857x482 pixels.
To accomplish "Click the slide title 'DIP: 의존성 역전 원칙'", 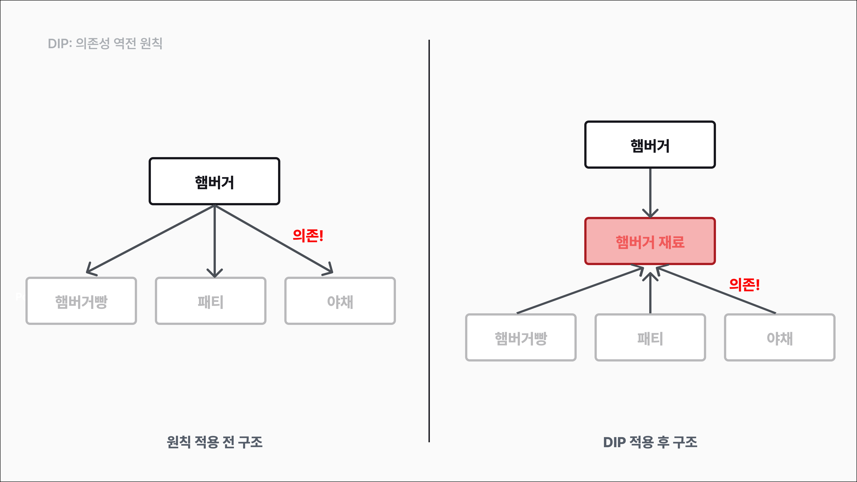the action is coord(105,44).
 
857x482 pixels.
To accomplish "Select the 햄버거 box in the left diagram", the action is coord(214,181).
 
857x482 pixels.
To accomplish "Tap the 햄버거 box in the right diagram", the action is coord(650,145).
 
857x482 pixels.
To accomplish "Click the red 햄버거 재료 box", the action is coord(650,241).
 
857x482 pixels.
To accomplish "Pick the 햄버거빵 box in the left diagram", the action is coord(81,301).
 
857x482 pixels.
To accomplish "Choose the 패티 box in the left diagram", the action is coord(211,301).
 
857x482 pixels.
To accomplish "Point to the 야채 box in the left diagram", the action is coord(340,301).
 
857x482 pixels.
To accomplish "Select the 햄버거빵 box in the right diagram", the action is coord(521,338).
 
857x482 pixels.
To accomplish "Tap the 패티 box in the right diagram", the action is coord(650,338).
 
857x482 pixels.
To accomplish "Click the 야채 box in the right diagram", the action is coord(780,338).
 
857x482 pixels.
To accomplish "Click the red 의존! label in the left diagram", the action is coord(308,235).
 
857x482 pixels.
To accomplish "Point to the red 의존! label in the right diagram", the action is coord(744,285).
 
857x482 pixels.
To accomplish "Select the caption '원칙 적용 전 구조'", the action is coord(214,442).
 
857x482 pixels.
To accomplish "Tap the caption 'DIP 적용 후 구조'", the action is coord(650,442).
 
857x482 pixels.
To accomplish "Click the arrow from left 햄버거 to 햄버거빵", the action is coord(150,239).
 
